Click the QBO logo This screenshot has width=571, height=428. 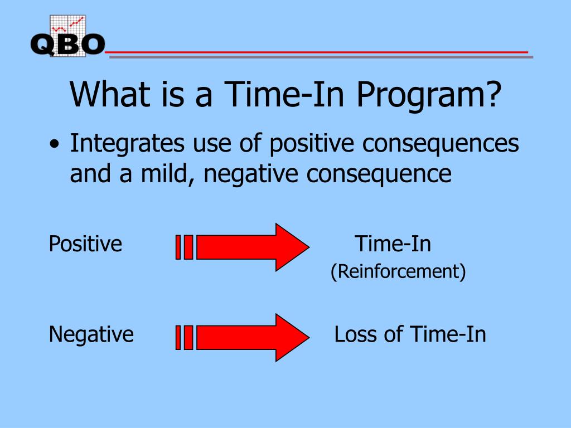pyautogui.click(x=67, y=36)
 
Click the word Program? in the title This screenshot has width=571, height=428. pyautogui.click(x=429, y=96)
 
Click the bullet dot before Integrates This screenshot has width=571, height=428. pyautogui.click(x=54, y=143)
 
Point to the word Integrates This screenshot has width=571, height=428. pyautogui.click(x=127, y=144)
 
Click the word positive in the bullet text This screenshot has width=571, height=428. pyautogui.click(x=312, y=144)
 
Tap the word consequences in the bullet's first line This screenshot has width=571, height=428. pyautogui.click(x=441, y=144)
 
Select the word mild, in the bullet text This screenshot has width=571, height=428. pyautogui.click(x=167, y=174)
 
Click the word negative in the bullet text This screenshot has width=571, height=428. pyautogui.click(x=250, y=174)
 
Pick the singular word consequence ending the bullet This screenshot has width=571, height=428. pyautogui.click(x=379, y=174)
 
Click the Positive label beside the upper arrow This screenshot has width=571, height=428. pyautogui.click(x=85, y=244)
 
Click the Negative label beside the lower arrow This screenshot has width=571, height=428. pyautogui.click(x=91, y=334)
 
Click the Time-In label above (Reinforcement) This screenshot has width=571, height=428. pyautogui.click(x=393, y=244)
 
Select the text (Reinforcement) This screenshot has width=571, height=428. pyautogui.click(x=398, y=271)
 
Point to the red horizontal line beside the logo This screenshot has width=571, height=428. pyautogui.click(x=317, y=52)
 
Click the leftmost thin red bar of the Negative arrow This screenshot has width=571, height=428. pyautogui.click(x=178, y=338)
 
